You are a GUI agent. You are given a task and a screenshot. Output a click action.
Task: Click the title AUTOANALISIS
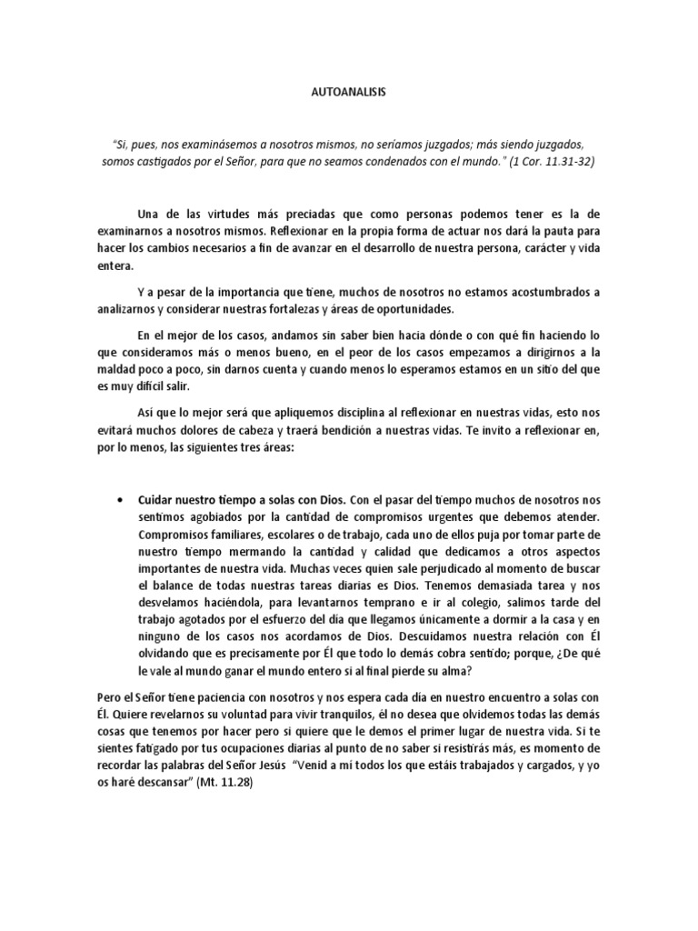[348, 92]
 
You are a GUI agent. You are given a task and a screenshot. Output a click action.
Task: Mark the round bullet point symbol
[121, 500]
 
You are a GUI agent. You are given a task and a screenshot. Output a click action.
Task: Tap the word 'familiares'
[244, 535]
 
